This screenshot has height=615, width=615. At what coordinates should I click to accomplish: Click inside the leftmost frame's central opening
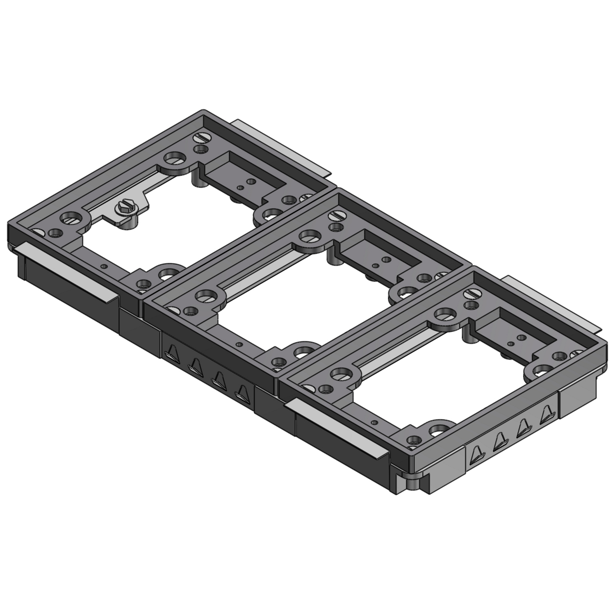(x=176, y=230)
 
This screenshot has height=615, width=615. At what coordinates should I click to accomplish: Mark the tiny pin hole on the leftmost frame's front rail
(x=106, y=266)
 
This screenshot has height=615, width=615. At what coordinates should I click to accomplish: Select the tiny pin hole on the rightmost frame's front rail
(x=374, y=422)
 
